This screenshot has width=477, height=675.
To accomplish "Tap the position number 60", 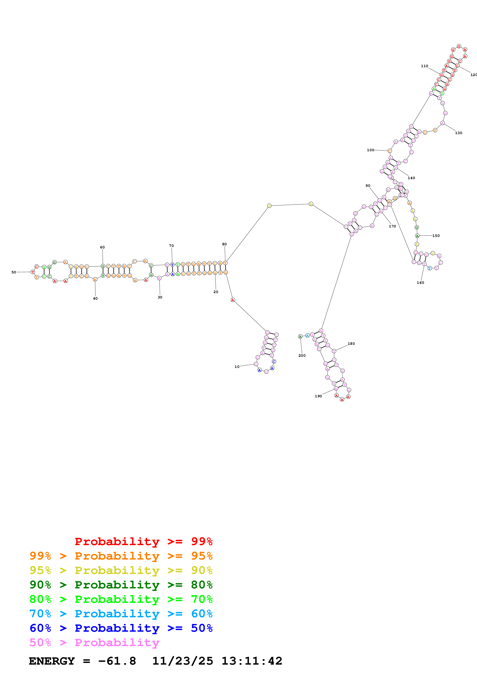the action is pyautogui.click(x=102, y=247).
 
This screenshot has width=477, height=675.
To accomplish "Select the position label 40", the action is pyautogui.click(x=95, y=298).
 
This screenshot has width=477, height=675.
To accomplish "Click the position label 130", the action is pyautogui.click(x=459, y=133).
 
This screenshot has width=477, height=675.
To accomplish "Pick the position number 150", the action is pyautogui.click(x=436, y=236).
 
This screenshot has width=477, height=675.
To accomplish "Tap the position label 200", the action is pyautogui.click(x=302, y=355).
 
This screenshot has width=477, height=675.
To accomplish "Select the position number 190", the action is pyautogui.click(x=318, y=396).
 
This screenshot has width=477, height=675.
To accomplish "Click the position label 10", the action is pyautogui.click(x=237, y=367).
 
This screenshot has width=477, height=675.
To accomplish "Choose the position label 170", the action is pyautogui.click(x=392, y=226).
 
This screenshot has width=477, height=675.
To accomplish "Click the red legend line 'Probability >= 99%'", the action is pyautogui.click(x=143, y=541).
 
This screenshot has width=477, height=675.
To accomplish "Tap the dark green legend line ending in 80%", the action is pyautogui.click(x=121, y=585).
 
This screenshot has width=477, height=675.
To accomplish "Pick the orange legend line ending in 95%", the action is pyautogui.click(x=121, y=556).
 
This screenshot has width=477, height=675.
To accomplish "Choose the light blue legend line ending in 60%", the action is pyautogui.click(x=121, y=614).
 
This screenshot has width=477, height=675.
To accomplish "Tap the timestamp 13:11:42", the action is pyautogui.click(x=251, y=661).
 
